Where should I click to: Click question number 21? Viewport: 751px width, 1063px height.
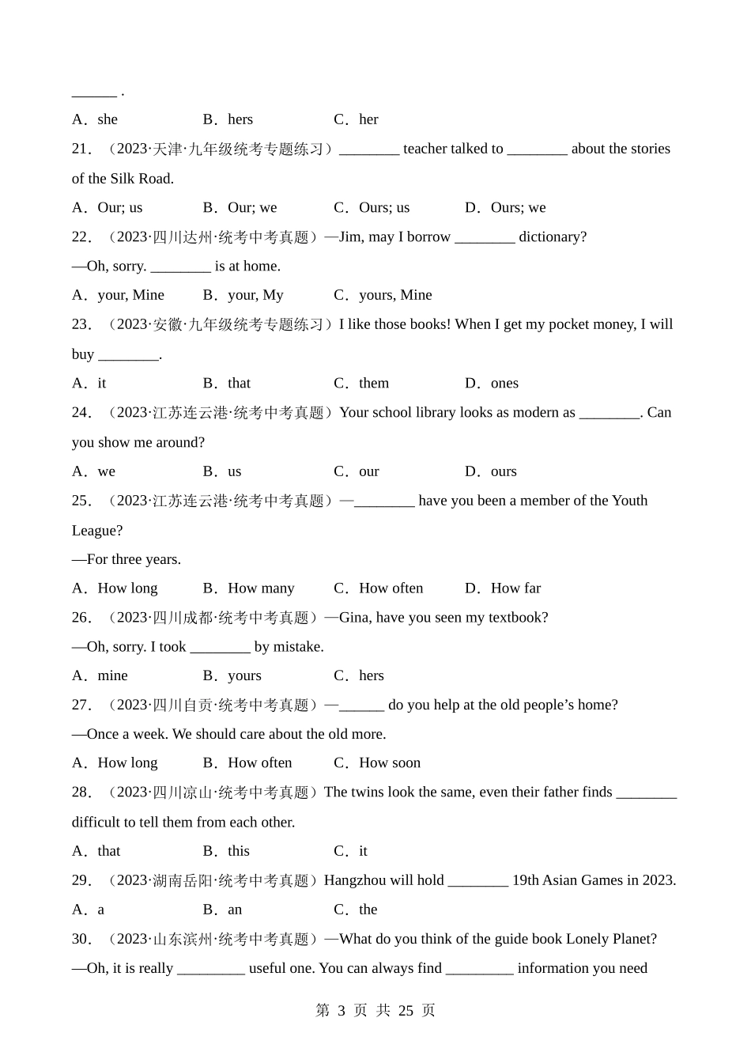[x=81, y=149]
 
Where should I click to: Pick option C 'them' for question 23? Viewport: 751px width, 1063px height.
[x=373, y=383]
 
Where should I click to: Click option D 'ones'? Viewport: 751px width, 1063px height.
[x=504, y=383]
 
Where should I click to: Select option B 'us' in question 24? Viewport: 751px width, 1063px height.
[x=234, y=471]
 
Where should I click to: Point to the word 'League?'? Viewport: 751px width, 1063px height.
[x=97, y=530]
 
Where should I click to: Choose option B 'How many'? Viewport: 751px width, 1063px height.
[x=260, y=588]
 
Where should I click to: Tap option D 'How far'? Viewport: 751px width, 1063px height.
[x=515, y=588]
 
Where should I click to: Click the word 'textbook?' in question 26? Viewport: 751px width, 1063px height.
[x=514, y=617]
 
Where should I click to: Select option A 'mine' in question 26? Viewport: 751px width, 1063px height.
[x=112, y=675]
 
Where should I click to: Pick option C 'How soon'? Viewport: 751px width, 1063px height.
[x=389, y=762]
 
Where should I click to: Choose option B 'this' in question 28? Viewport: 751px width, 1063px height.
[x=238, y=851]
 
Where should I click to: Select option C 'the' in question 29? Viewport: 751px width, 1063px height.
[x=368, y=909]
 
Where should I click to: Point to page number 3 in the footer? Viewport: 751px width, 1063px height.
[x=342, y=1010]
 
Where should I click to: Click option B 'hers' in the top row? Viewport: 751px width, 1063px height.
[x=240, y=119]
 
